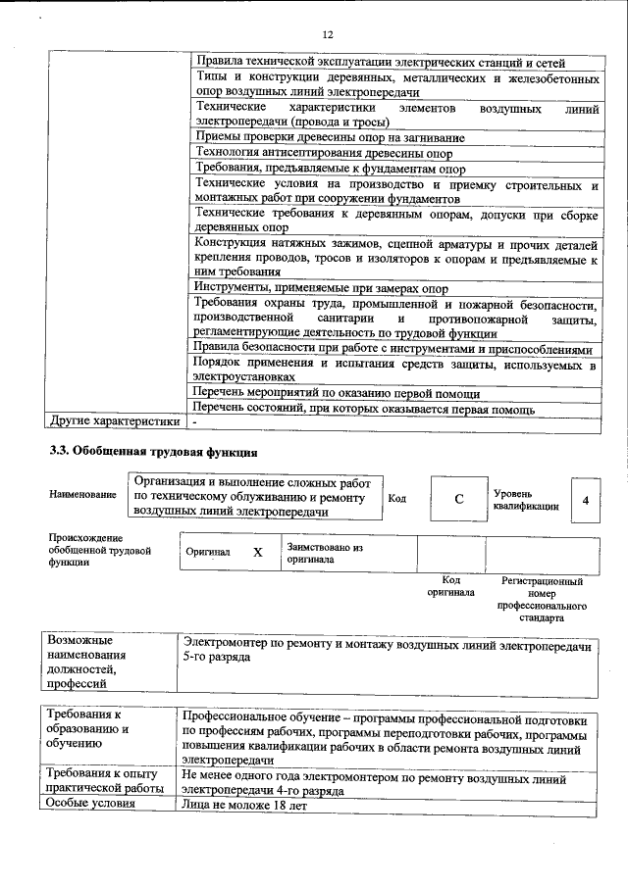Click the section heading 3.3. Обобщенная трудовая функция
154,453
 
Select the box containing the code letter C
458,500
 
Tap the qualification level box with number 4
585,500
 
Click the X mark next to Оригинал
258,552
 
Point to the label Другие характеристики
115,421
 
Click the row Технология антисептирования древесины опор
324,153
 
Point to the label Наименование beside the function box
82,496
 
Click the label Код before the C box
397,499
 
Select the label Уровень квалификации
526,500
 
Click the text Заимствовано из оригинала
325,553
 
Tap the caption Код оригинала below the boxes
451,586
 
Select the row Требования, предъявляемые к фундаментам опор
324,169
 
